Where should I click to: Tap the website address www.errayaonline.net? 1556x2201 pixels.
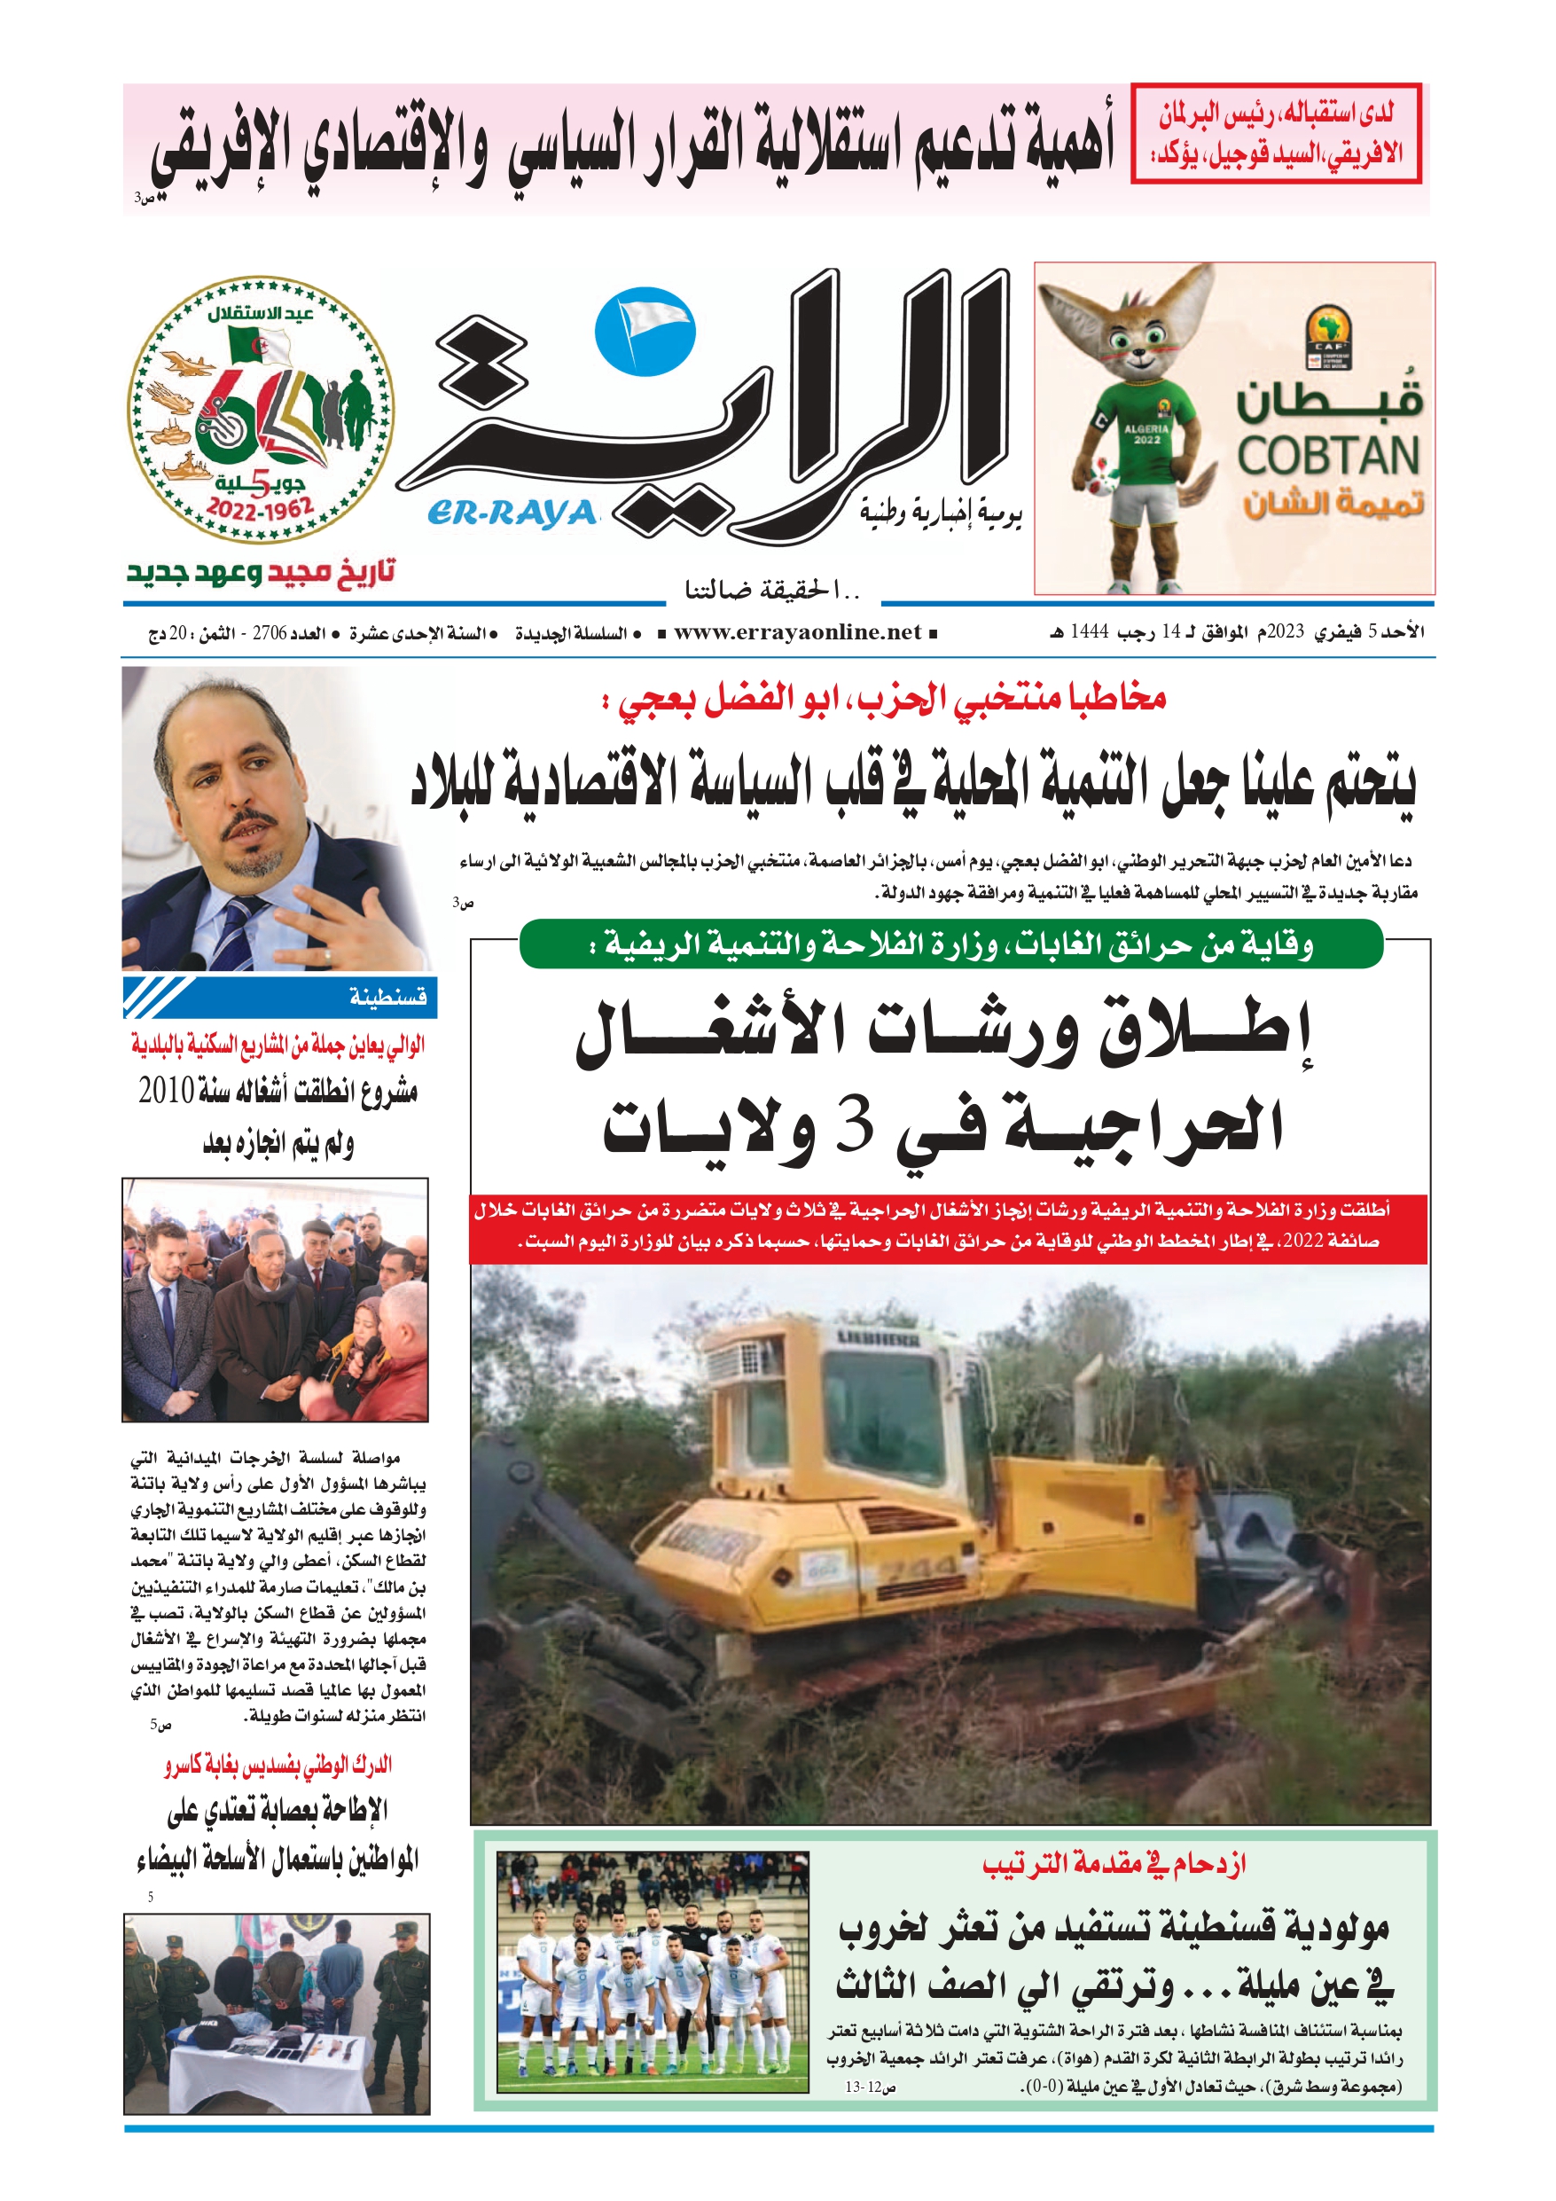tap(797, 632)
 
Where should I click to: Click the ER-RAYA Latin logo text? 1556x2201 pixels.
tap(511, 513)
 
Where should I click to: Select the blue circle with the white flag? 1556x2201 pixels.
tap(645, 331)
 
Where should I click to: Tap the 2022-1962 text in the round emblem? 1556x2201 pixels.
tap(261, 509)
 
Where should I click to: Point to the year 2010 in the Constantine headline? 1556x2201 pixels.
tap(166, 1091)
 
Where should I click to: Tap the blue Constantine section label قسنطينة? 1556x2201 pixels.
tap(387, 998)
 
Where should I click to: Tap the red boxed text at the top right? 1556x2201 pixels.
tap(1276, 133)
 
